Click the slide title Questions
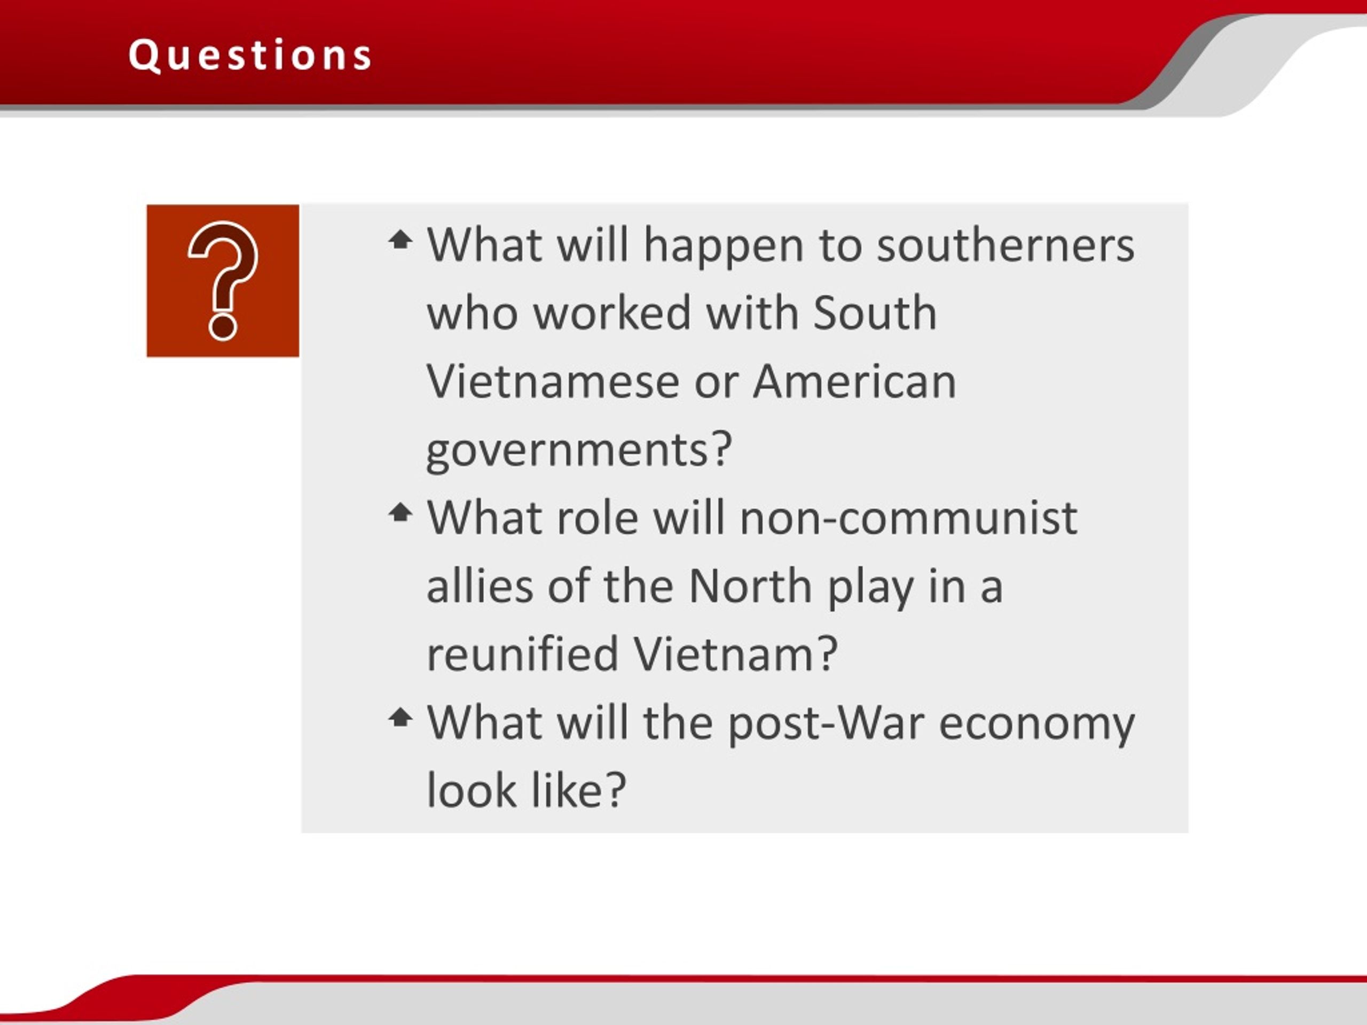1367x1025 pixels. [x=250, y=56]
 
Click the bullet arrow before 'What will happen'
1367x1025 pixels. [x=400, y=239]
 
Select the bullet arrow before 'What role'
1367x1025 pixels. [x=400, y=511]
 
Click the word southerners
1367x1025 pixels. [x=1006, y=245]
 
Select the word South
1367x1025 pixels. [x=875, y=313]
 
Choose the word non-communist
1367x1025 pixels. [x=908, y=518]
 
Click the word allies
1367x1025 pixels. [x=480, y=586]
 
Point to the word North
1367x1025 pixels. [x=750, y=586]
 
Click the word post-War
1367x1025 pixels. [x=827, y=723]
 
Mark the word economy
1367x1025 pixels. [x=1037, y=724]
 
